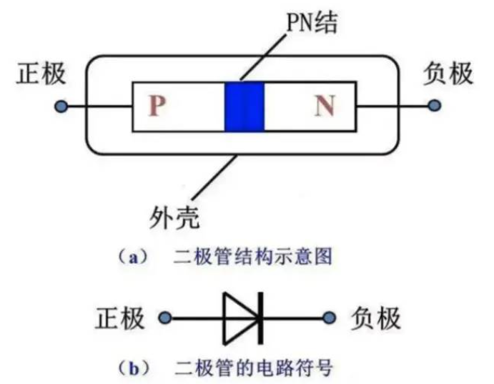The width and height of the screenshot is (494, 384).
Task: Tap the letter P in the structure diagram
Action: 157,107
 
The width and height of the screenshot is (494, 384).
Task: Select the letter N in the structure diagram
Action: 325,107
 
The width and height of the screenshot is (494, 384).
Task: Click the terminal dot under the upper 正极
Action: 61,107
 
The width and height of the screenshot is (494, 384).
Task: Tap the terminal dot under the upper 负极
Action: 434,107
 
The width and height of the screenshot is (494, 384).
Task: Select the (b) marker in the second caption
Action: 131,368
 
